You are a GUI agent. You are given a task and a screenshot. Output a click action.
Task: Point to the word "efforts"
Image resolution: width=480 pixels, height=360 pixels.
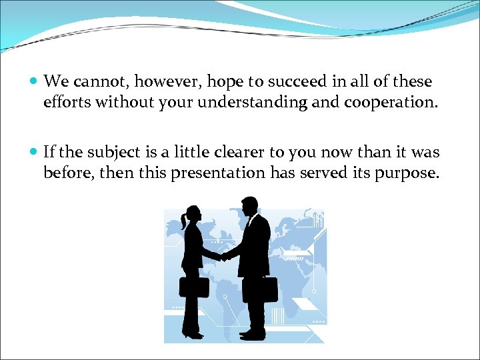tap(67, 103)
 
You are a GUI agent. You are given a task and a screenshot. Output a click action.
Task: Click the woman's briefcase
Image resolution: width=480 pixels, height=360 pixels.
tap(193, 286)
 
